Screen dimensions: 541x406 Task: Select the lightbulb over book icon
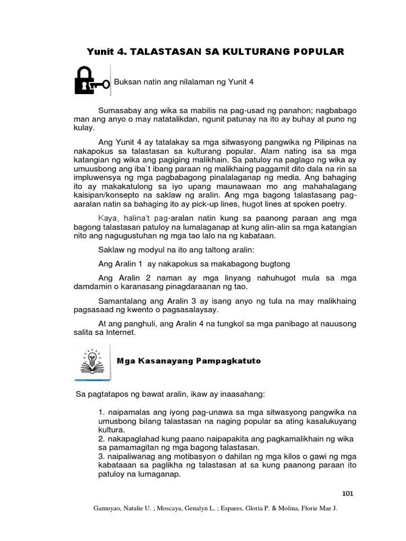pyautogui.click(x=92, y=361)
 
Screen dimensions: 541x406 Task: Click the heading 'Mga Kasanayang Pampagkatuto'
pyautogui.click(x=189, y=360)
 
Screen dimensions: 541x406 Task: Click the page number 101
pyautogui.click(x=347, y=493)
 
